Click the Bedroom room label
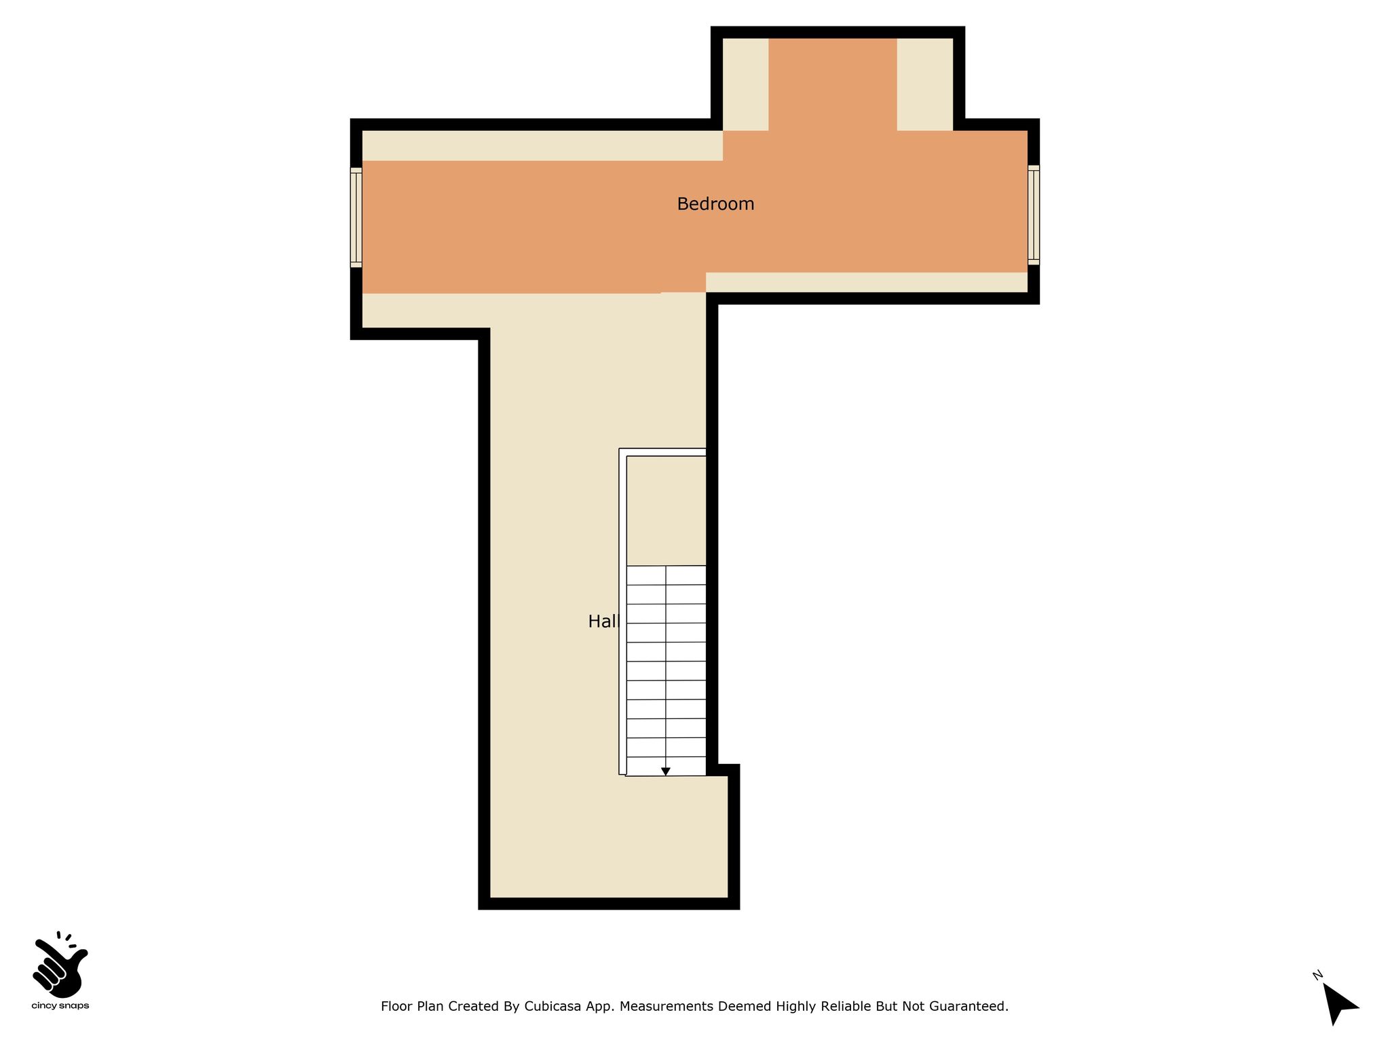715,204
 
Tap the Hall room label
604,621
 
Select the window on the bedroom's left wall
356,217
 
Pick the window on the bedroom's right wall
1033,215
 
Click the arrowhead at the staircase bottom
666,771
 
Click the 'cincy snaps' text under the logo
60,1006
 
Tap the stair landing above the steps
666,510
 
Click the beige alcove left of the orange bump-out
745,84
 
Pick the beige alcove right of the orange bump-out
925,84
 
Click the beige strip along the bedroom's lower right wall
866,282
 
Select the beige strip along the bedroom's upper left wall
542,145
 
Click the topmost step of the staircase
666,575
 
